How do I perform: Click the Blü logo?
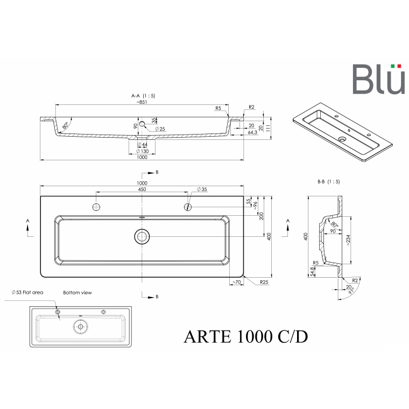coord(379,79)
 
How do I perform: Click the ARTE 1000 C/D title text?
coord(246,337)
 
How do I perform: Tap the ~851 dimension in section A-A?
coord(142,102)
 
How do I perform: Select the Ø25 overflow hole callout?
coord(160,129)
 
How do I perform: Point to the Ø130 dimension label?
coord(143,151)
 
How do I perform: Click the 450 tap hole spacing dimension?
coord(142,189)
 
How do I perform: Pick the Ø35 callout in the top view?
coord(202,189)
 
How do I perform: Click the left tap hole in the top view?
coord(96,207)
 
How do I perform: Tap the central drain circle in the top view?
coord(142,237)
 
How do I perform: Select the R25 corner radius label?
coord(264,282)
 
